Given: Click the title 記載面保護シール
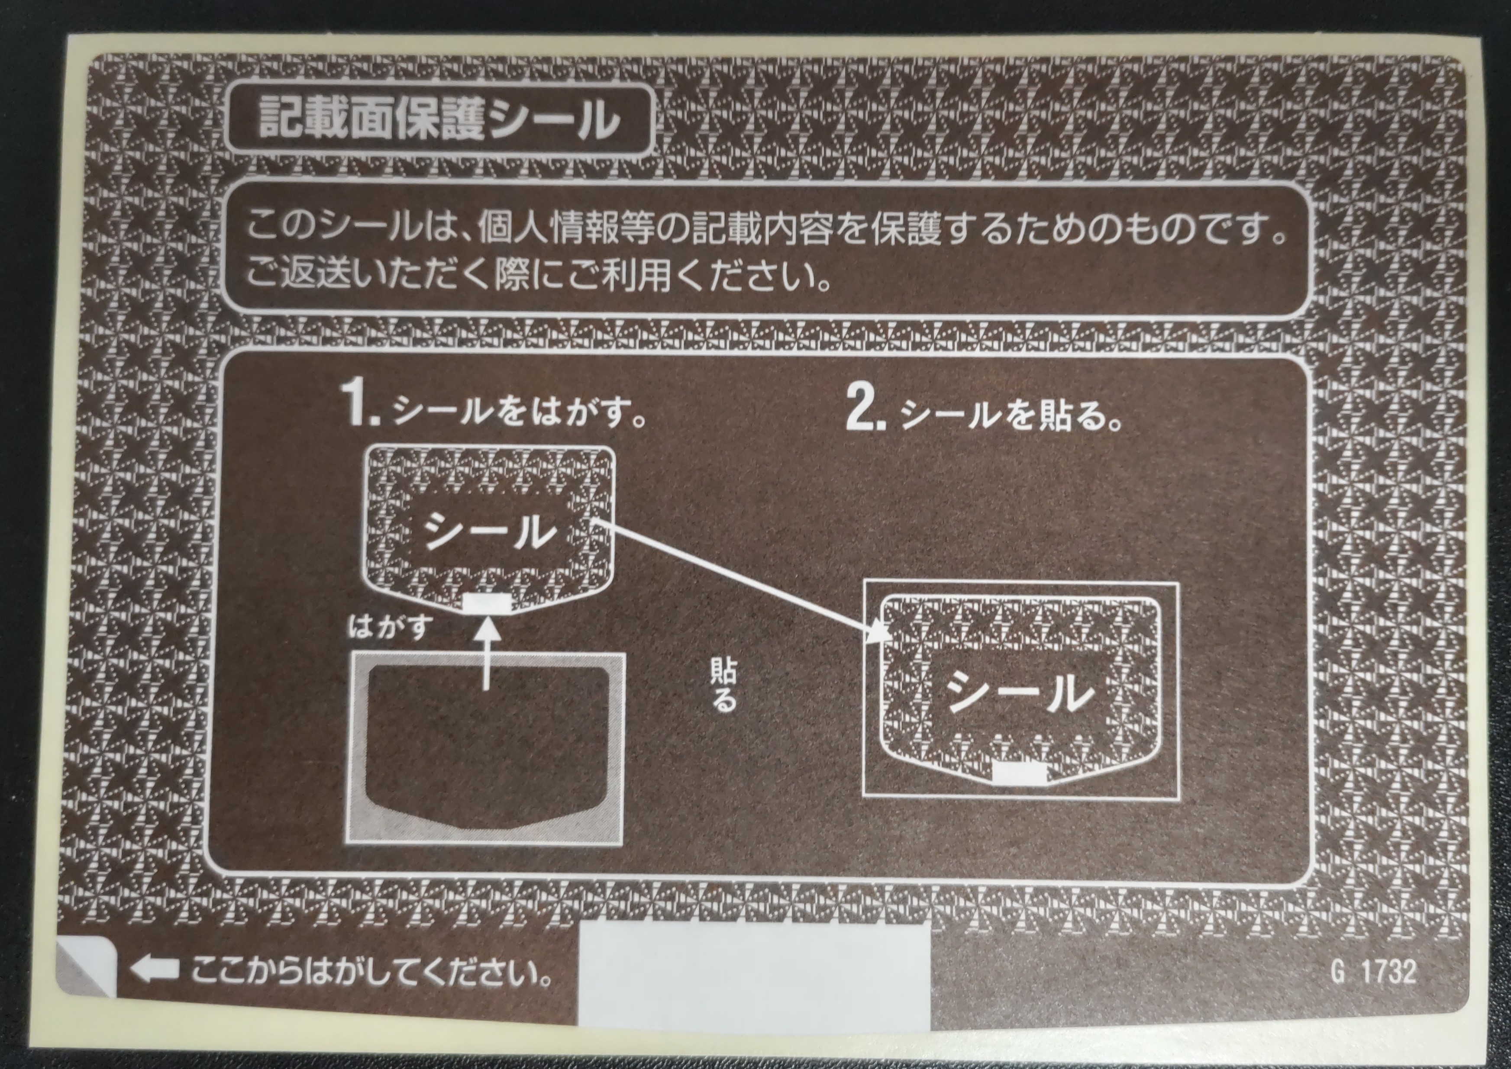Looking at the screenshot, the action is pos(439,120).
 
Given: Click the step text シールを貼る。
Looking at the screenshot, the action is pos(1011,415).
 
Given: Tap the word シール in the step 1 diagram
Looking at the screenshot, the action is pos(490,531).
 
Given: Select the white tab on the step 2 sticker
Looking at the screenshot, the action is pos(1020,773).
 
